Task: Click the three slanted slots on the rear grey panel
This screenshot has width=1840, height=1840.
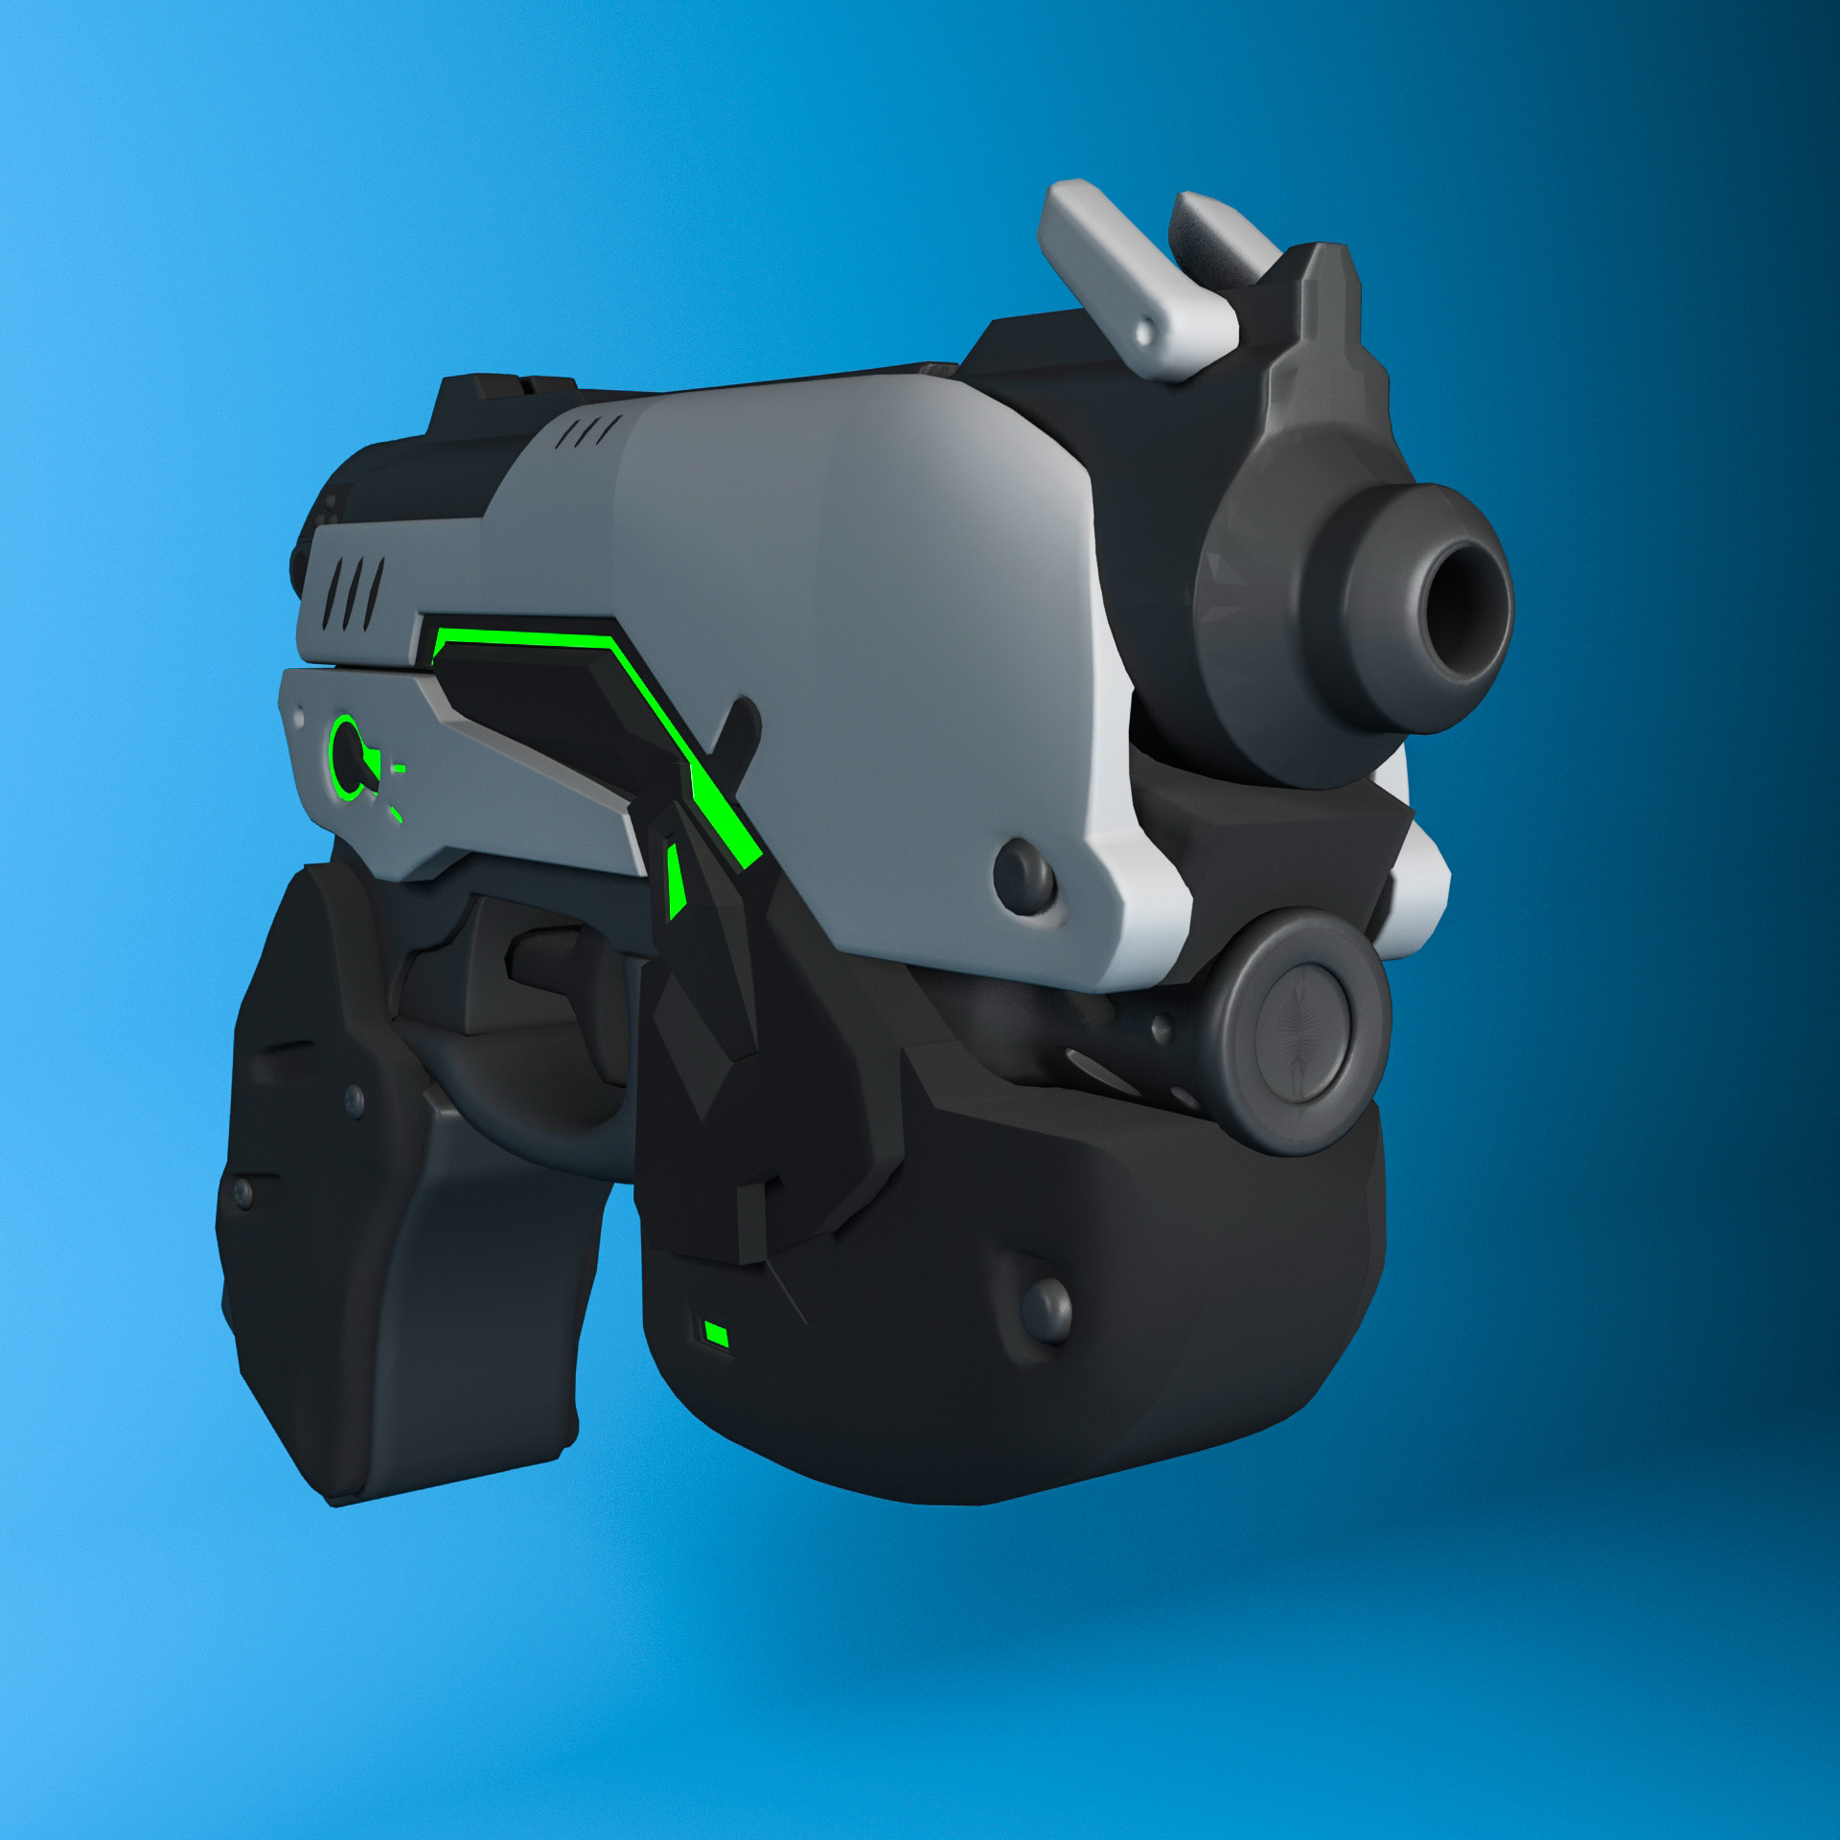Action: click(356, 584)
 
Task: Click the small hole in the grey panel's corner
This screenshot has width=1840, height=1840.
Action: click(303, 713)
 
